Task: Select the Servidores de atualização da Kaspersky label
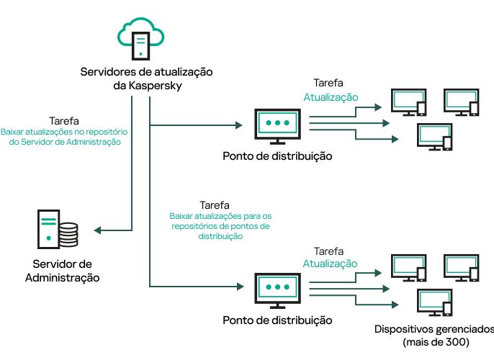click(x=141, y=78)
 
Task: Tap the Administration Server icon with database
click(x=57, y=230)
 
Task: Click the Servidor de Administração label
click(x=63, y=271)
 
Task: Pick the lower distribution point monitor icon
click(x=277, y=290)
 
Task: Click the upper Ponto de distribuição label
click(x=277, y=156)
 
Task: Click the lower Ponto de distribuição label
click(x=277, y=320)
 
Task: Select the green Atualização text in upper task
click(x=331, y=97)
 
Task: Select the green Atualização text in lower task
click(x=330, y=264)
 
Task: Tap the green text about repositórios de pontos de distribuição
click(x=220, y=225)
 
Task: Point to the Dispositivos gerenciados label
click(x=434, y=329)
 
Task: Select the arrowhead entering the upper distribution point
click(x=239, y=125)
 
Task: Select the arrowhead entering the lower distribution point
click(x=239, y=287)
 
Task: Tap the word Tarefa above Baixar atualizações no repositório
click(x=64, y=121)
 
